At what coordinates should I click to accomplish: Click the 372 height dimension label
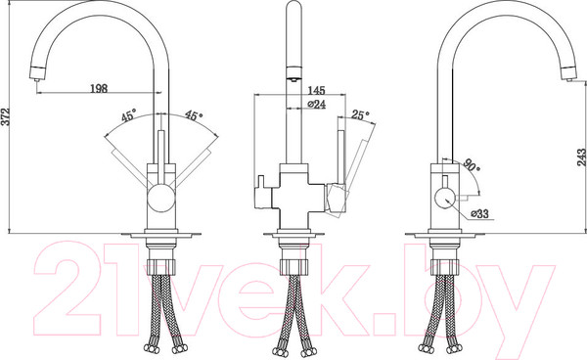click(5, 116)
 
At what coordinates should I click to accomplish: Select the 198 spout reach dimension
click(99, 88)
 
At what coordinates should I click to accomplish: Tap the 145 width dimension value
click(316, 90)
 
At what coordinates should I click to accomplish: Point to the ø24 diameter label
click(316, 105)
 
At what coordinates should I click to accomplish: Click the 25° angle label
click(360, 114)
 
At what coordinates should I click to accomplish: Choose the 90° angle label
click(472, 164)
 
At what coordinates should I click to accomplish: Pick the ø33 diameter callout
click(479, 213)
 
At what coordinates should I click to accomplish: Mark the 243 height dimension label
click(581, 157)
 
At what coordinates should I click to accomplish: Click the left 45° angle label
click(128, 116)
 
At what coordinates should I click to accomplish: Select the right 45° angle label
click(194, 115)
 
